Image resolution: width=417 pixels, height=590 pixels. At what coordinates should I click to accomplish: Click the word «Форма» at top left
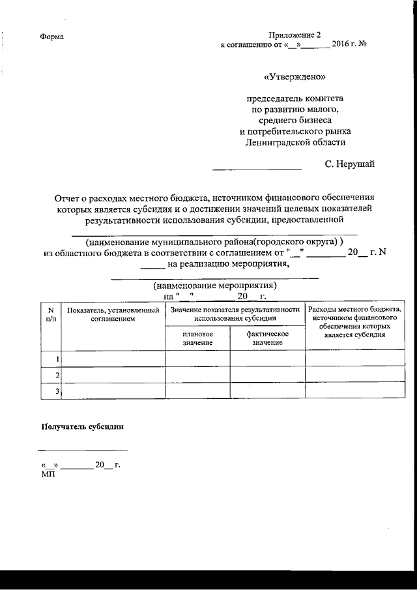coord(51,37)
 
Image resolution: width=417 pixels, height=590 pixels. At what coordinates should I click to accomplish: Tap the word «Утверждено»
coord(295,76)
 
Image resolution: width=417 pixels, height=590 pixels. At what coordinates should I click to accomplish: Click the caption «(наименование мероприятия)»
coord(215,286)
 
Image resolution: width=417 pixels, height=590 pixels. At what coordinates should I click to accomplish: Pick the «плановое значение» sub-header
coord(197,338)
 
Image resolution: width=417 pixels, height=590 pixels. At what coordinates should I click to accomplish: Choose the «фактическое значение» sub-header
coord(267,338)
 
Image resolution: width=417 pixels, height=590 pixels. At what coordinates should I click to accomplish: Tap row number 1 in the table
coord(57,359)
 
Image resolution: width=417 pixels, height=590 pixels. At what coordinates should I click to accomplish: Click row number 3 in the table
coord(57,391)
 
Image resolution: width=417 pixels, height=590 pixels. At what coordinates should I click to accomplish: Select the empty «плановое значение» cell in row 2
coord(197,375)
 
